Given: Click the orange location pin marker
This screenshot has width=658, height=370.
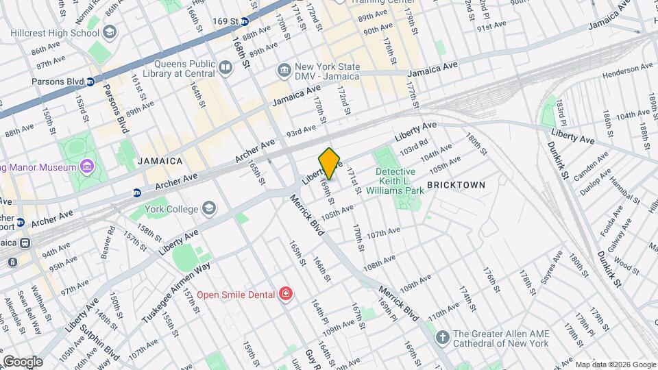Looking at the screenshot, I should pyautogui.click(x=330, y=163).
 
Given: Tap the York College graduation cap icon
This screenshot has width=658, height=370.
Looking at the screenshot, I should pyautogui.click(x=208, y=209).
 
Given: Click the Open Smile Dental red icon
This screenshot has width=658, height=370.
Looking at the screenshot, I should pyautogui.click(x=285, y=295).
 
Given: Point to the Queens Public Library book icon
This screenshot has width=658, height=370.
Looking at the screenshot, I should pyautogui.click(x=226, y=67).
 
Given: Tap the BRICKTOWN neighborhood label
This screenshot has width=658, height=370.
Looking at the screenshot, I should pyautogui.click(x=456, y=185).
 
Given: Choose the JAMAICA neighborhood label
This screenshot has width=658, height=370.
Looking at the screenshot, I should pyautogui.click(x=160, y=161).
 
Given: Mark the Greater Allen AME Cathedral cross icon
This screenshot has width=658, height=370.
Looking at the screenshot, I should pyautogui.click(x=443, y=338).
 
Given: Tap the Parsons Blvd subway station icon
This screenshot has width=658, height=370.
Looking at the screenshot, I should pyautogui.click(x=90, y=82).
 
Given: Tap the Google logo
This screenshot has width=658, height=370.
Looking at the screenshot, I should pyautogui.click(x=22, y=361).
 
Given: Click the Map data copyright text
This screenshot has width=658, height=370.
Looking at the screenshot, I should pyautogui.click(x=615, y=365).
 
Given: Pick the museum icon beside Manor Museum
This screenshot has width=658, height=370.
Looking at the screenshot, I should pyautogui.click(x=86, y=166).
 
